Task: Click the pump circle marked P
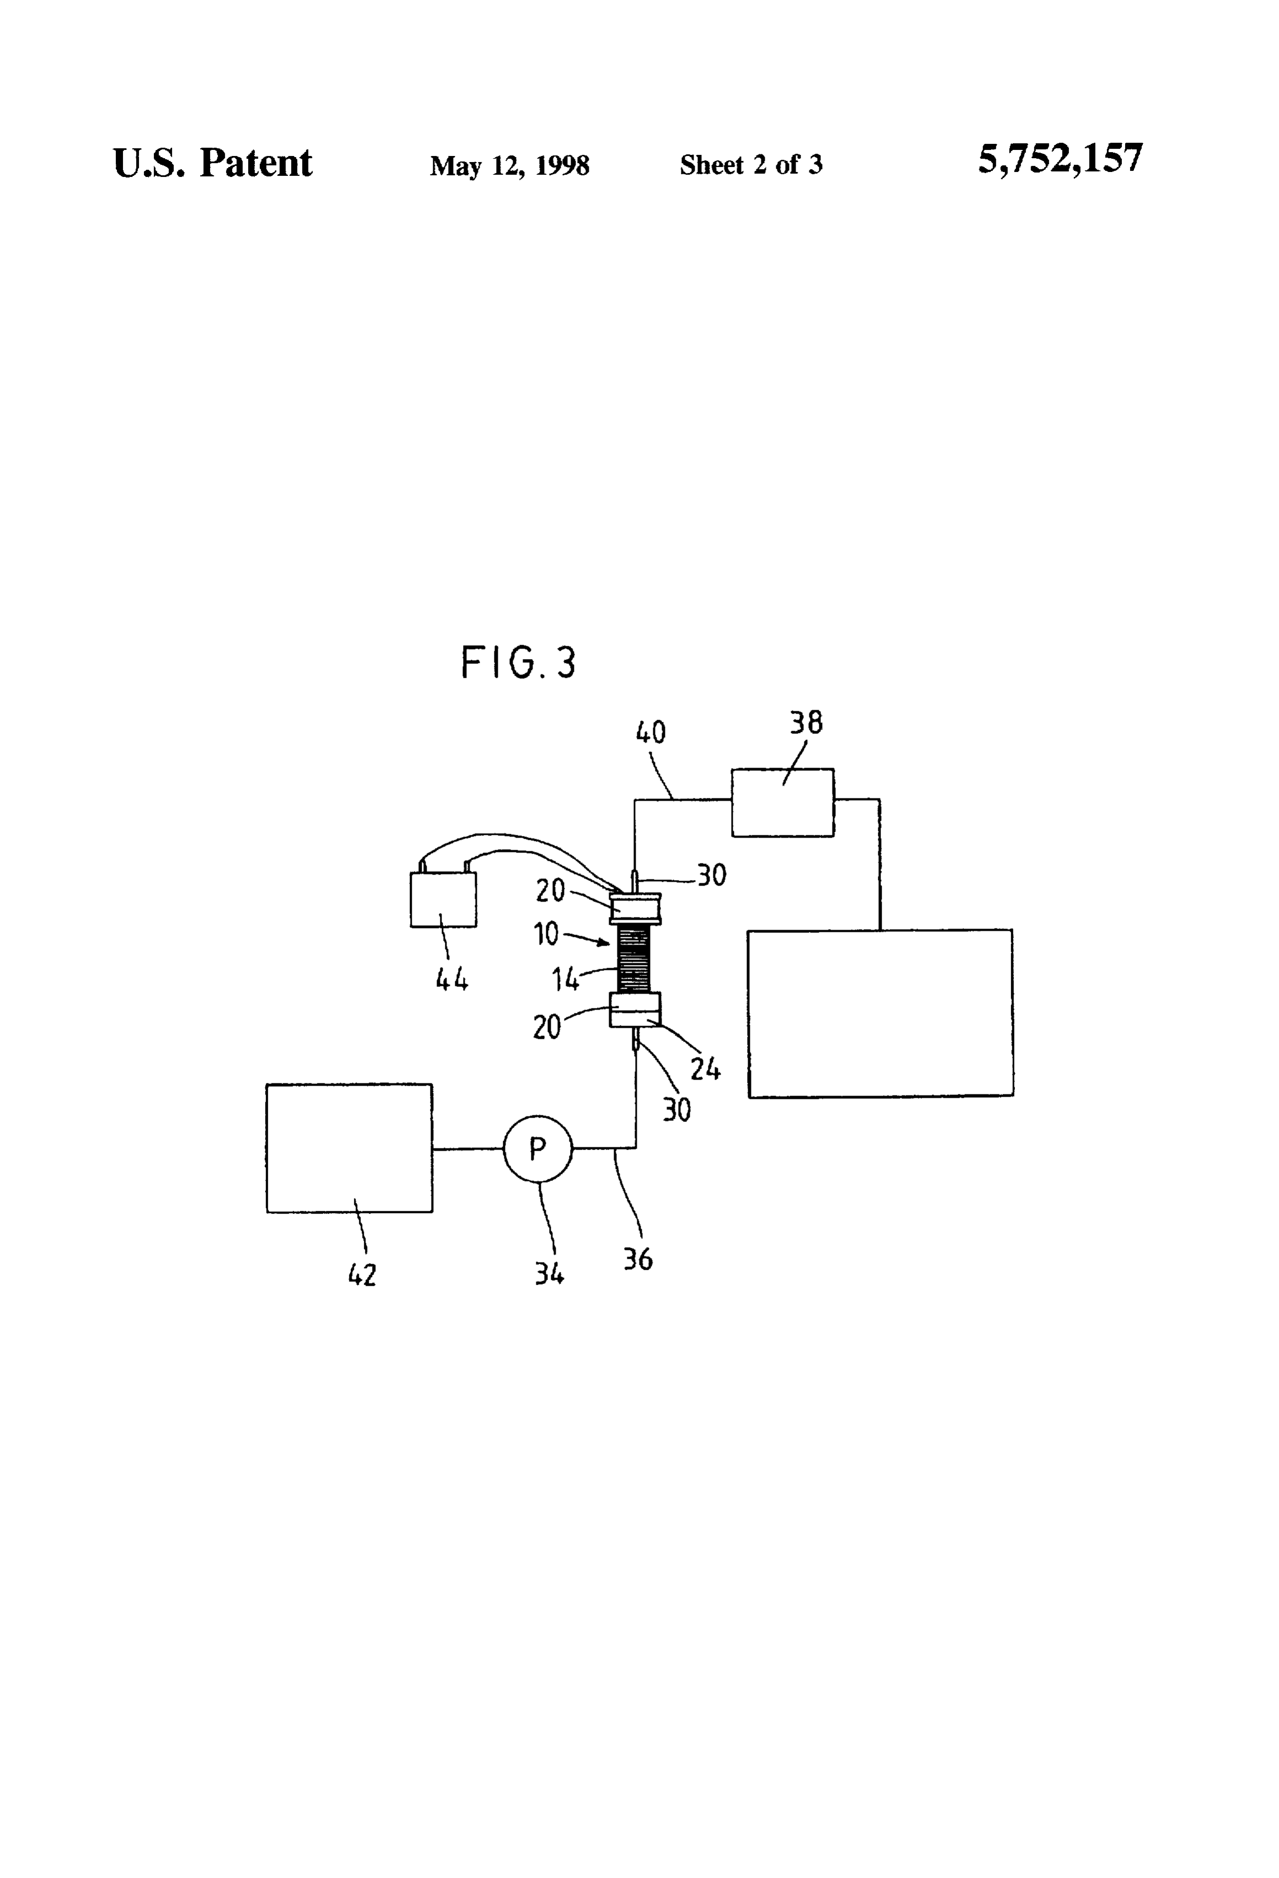coord(538,1148)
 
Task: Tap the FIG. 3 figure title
coord(518,662)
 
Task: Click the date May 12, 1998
coord(509,166)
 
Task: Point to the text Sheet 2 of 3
coord(751,165)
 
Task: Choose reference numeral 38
coord(806,722)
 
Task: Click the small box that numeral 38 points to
coord(783,802)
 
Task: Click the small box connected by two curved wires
coord(443,899)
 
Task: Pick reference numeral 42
coord(362,1275)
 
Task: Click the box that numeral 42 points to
coord(350,1147)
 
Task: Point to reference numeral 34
coord(549,1273)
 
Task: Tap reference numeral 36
coord(638,1258)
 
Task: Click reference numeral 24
coord(705,1069)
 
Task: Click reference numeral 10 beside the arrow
coord(546,933)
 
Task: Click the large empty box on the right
coord(880,1013)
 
